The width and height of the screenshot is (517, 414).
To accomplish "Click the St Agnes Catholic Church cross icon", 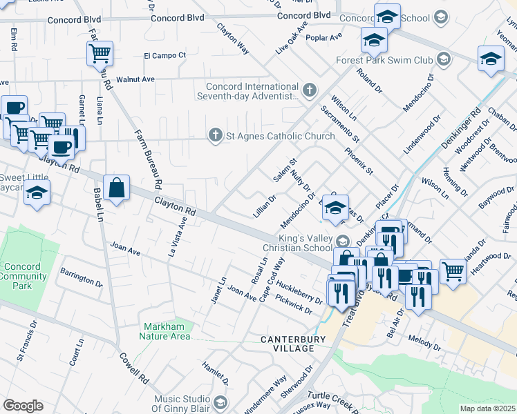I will click(x=216, y=136).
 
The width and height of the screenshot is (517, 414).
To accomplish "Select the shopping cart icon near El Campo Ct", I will click(x=100, y=54).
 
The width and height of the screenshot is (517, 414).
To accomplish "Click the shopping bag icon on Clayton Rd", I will click(x=117, y=188).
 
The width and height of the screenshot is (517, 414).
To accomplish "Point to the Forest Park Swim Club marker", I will click(x=444, y=60).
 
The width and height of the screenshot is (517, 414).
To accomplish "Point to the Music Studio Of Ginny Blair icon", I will click(x=220, y=402).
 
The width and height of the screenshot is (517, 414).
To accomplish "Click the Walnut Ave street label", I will click(x=135, y=79).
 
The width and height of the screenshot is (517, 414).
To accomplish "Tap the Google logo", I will click(x=22, y=406).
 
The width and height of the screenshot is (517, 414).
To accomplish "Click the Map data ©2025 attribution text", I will click(x=487, y=408).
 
